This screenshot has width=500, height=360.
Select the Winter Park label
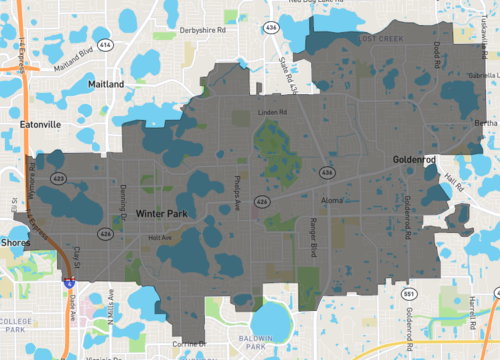[x=161, y=213]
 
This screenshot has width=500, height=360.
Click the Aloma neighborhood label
[x=331, y=201]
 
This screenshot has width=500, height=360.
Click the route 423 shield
[x=59, y=178]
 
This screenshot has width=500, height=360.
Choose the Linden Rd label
[x=271, y=112]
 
